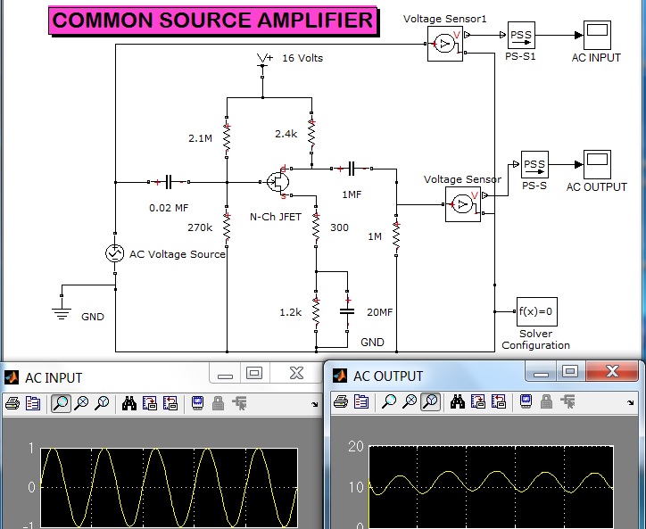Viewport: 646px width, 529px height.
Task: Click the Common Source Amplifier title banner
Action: point(213,21)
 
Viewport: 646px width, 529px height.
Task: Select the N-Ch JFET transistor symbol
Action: point(277,181)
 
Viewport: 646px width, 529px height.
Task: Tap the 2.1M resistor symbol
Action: point(227,137)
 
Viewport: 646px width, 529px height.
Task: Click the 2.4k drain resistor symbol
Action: point(311,132)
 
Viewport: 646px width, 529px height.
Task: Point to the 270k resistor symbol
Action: point(227,227)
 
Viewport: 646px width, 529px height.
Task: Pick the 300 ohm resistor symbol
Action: point(316,227)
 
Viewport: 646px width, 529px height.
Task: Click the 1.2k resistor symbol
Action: point(316,311)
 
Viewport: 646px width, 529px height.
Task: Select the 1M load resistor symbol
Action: point(396,236)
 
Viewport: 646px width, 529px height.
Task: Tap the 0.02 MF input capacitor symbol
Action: point(169,182)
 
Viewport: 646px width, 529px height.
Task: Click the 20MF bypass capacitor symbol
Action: point(347,311)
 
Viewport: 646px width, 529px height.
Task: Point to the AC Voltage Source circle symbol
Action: point(114,253)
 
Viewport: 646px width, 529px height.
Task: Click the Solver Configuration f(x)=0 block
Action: point(537,311)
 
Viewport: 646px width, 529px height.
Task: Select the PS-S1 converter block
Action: point(521,35)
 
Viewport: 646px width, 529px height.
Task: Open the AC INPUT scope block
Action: point(597,35)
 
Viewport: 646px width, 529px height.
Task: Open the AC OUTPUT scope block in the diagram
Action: point(597,164)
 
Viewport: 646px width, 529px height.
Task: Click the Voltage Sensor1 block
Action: point(445,44)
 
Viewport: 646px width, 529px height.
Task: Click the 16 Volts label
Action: point(302,58)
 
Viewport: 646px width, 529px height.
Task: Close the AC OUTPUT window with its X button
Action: point(612,372)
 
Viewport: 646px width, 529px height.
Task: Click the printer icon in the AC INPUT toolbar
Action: point(12,403)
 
